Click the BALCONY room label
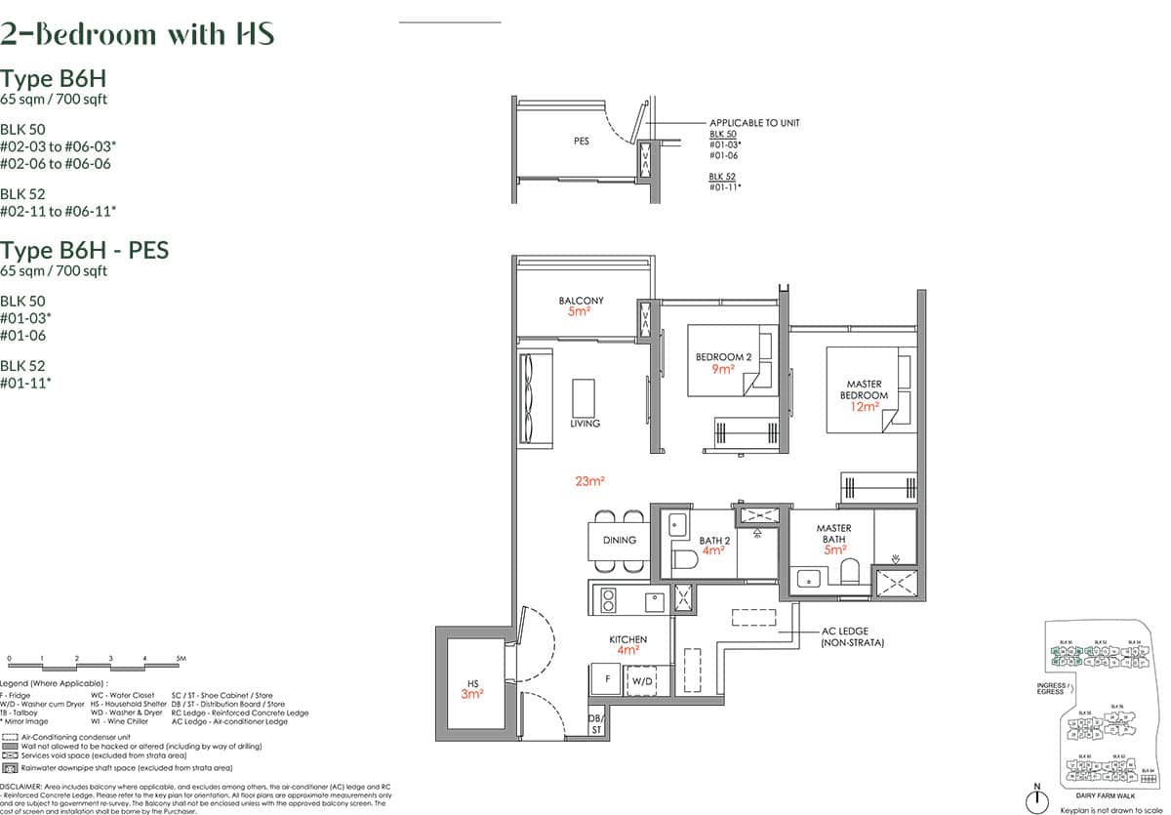click(x=581, y=301)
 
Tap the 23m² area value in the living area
click(x=590, y=481)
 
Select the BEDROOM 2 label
click(x=723, y=358)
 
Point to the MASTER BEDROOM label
click(x=864, y=389)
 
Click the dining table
click(x=619, y=540)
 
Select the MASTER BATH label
click(x=832, y=535)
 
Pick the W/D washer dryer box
click(x=642, y=679)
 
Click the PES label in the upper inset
click(x=582, y=142)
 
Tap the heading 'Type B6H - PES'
click(x=84, y=250)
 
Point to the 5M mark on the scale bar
click(x=181, y=660)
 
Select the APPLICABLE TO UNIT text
click(x=754, y=123)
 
